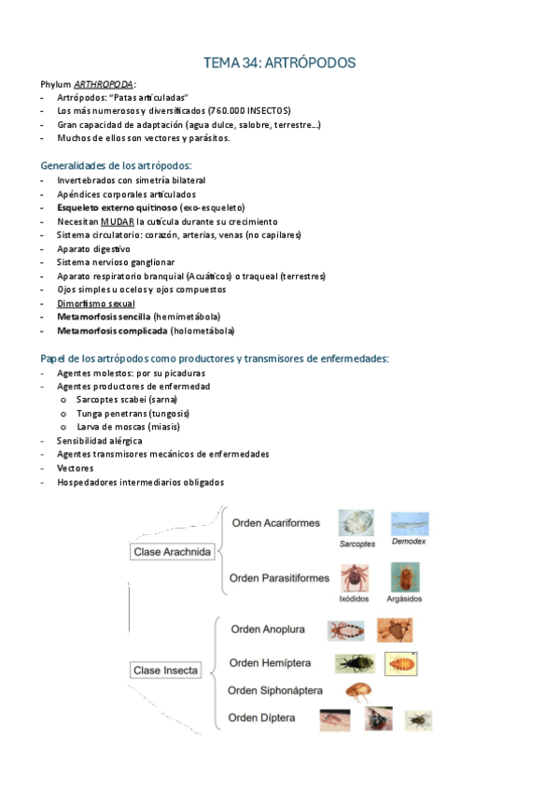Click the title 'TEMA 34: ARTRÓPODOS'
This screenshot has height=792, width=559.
[x=279, y=63]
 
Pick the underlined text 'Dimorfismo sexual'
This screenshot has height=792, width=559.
[x=95, y=304]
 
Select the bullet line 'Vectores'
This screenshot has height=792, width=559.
[x=75, y=468]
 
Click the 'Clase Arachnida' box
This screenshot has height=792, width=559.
[x=172, y=552]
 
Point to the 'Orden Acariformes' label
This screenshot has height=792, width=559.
[x=275, y=523]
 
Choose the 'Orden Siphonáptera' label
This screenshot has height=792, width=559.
[x=275, y=690]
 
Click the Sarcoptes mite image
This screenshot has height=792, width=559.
[x=356, y=522]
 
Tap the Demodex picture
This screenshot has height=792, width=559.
[x=410, y=522]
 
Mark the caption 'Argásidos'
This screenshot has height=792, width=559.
[x=406, y=599]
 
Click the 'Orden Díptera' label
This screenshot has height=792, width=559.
[x=263, y=717]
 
